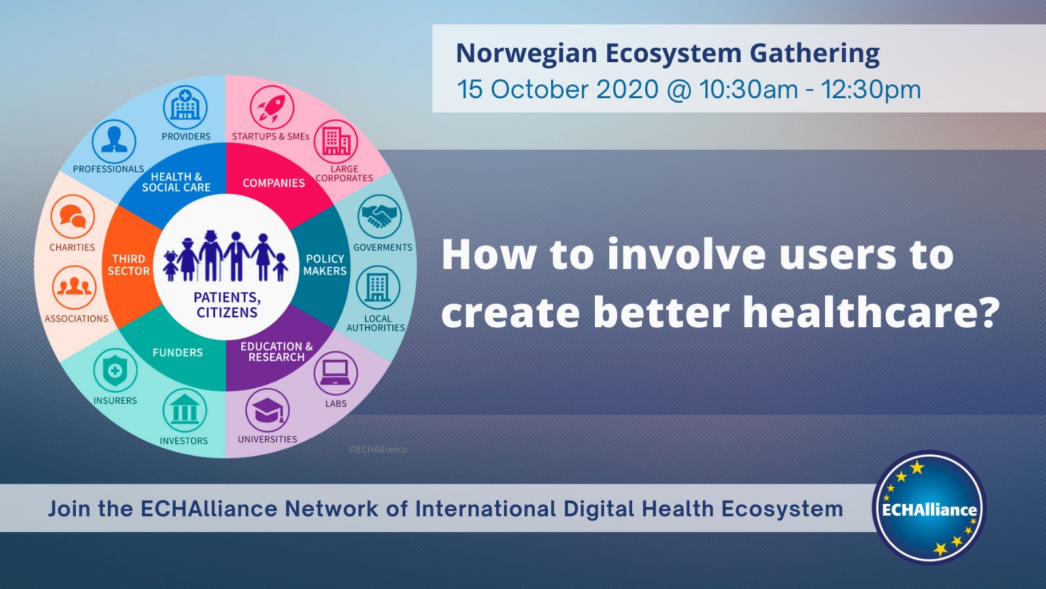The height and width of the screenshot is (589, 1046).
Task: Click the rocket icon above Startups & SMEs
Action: [x=271, y=107]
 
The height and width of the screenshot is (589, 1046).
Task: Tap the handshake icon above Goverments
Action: [x=379, y=217]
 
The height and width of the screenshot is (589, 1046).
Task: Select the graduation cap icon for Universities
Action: [x=267, y=410]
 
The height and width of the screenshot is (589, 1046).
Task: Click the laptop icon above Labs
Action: [x=335, y=374]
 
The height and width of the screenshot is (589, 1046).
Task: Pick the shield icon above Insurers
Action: [x=115, y=370]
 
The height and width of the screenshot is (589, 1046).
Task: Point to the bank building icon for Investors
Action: [x=184, y=411]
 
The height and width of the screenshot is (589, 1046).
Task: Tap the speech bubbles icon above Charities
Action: [x=73, y=217]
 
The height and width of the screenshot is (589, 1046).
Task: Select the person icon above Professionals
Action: [x=114, y=141]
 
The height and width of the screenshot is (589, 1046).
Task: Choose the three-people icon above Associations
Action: [x=74, y=287]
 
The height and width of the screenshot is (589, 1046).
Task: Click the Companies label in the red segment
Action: [x=274, y=183]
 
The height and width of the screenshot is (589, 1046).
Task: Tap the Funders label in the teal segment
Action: [x=178, y=353]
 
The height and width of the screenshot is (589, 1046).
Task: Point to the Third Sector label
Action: [x=129, y=265]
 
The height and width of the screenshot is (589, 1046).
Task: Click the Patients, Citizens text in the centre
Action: [x=228, y=305]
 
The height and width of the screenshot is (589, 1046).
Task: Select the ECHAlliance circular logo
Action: [x=929, y=509]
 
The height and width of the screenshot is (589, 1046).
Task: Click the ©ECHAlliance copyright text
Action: [x=378, y=450]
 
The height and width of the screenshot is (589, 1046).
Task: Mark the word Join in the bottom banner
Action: [x=69, y=509]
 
